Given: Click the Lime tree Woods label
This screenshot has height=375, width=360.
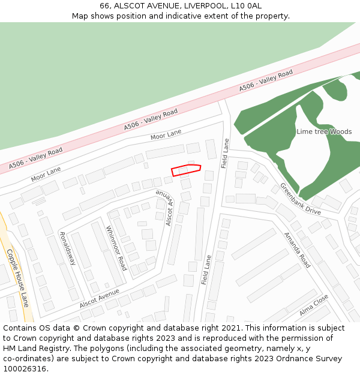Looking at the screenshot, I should point(324,131).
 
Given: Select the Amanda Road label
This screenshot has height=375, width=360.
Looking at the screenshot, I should point(297,250).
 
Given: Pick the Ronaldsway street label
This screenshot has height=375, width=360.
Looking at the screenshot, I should point(67,248).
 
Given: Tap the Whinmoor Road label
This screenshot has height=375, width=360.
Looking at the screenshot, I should point(116,248).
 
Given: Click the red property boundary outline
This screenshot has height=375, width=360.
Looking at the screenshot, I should point(185,170).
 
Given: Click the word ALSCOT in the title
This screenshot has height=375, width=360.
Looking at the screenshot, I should point(131,6).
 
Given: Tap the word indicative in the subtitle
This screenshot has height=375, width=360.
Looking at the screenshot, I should point(194,16).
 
